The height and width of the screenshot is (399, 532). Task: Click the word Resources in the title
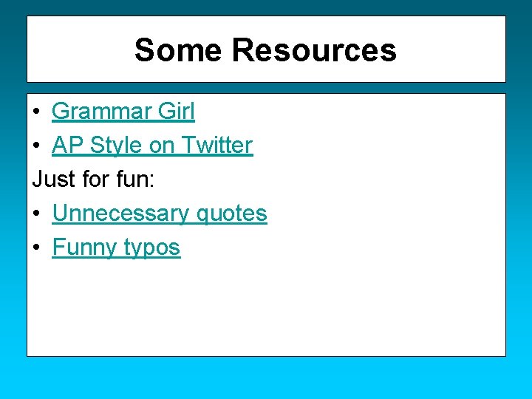[x=314, y=50]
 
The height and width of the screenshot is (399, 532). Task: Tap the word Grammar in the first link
[x=102, y=112]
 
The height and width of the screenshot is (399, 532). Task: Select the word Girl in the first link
[x=177, y=112]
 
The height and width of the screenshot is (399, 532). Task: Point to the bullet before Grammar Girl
[x=36, y=112]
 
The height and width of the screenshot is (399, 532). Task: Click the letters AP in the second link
[x=67, y=146]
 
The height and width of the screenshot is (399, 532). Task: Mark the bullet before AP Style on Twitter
[x=36, y=146]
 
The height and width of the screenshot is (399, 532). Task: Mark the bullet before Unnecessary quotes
[x=36, y=214]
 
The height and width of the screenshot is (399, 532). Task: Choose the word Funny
[x=84, y=248]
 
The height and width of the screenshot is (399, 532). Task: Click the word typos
[x=151, y=248]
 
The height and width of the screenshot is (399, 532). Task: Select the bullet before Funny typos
[x=36, y=248]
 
